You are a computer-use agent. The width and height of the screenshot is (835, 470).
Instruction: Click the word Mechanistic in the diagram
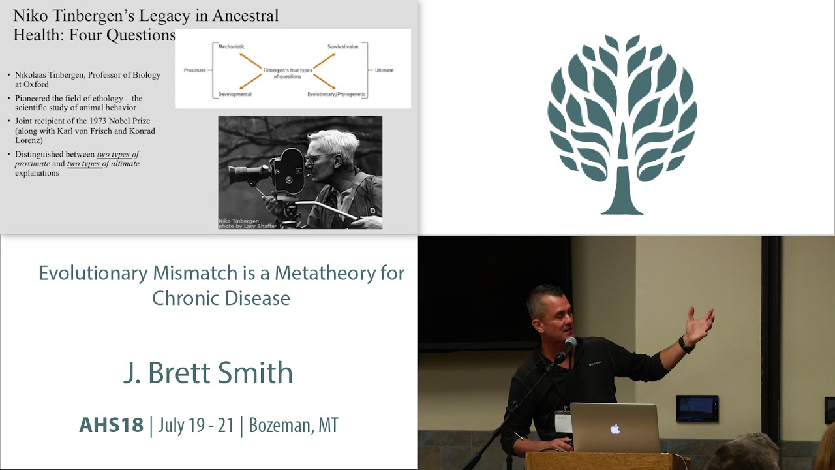[x=231, y=46]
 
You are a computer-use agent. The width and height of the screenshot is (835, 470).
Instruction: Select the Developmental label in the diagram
[x=235, y=95]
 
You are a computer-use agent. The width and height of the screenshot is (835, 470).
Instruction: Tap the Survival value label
[x=342, y=46]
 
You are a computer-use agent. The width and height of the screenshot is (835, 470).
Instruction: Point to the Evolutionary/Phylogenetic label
[x=336, y=95]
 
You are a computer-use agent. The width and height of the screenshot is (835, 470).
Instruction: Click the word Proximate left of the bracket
[x=194, y=70]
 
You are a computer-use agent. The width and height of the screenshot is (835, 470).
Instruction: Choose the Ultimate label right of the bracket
[x=384, y=70]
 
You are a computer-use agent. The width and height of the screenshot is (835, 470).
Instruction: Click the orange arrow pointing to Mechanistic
[x=250, y=61]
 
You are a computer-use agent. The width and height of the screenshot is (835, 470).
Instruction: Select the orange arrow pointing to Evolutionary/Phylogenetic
[x=325, y=82]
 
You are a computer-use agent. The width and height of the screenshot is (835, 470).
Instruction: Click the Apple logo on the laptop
[x=615, y=429]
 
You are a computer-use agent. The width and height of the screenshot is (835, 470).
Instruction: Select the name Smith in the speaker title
[x=255, y=372]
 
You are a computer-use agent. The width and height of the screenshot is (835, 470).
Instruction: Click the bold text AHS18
[x=111, y=425]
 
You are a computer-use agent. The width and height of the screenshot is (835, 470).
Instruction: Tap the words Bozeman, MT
[x=294, y=425]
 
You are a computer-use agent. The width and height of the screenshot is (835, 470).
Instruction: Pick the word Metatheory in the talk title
[x=326, y=273]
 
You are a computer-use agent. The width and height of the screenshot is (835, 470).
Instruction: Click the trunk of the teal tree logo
[x=622, y=190]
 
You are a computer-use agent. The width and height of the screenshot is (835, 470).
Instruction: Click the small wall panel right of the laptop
[x=697, y=409]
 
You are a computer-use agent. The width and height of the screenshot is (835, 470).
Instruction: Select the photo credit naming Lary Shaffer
[x=247, y=226]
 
